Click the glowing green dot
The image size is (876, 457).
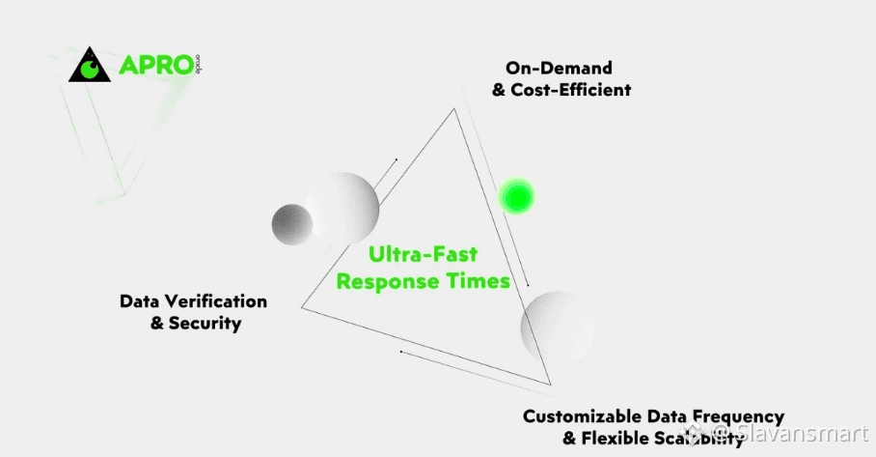[x=515, y=196]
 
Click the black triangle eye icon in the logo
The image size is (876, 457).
[x=90, y=65]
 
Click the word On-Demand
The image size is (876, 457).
[x=558, y=68]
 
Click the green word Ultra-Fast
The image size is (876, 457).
[x=423, y=256]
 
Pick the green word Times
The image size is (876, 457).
[x=482, y=282]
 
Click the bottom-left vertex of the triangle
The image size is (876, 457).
[x=302, y=308]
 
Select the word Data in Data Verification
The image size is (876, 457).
[x=138, y=301]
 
